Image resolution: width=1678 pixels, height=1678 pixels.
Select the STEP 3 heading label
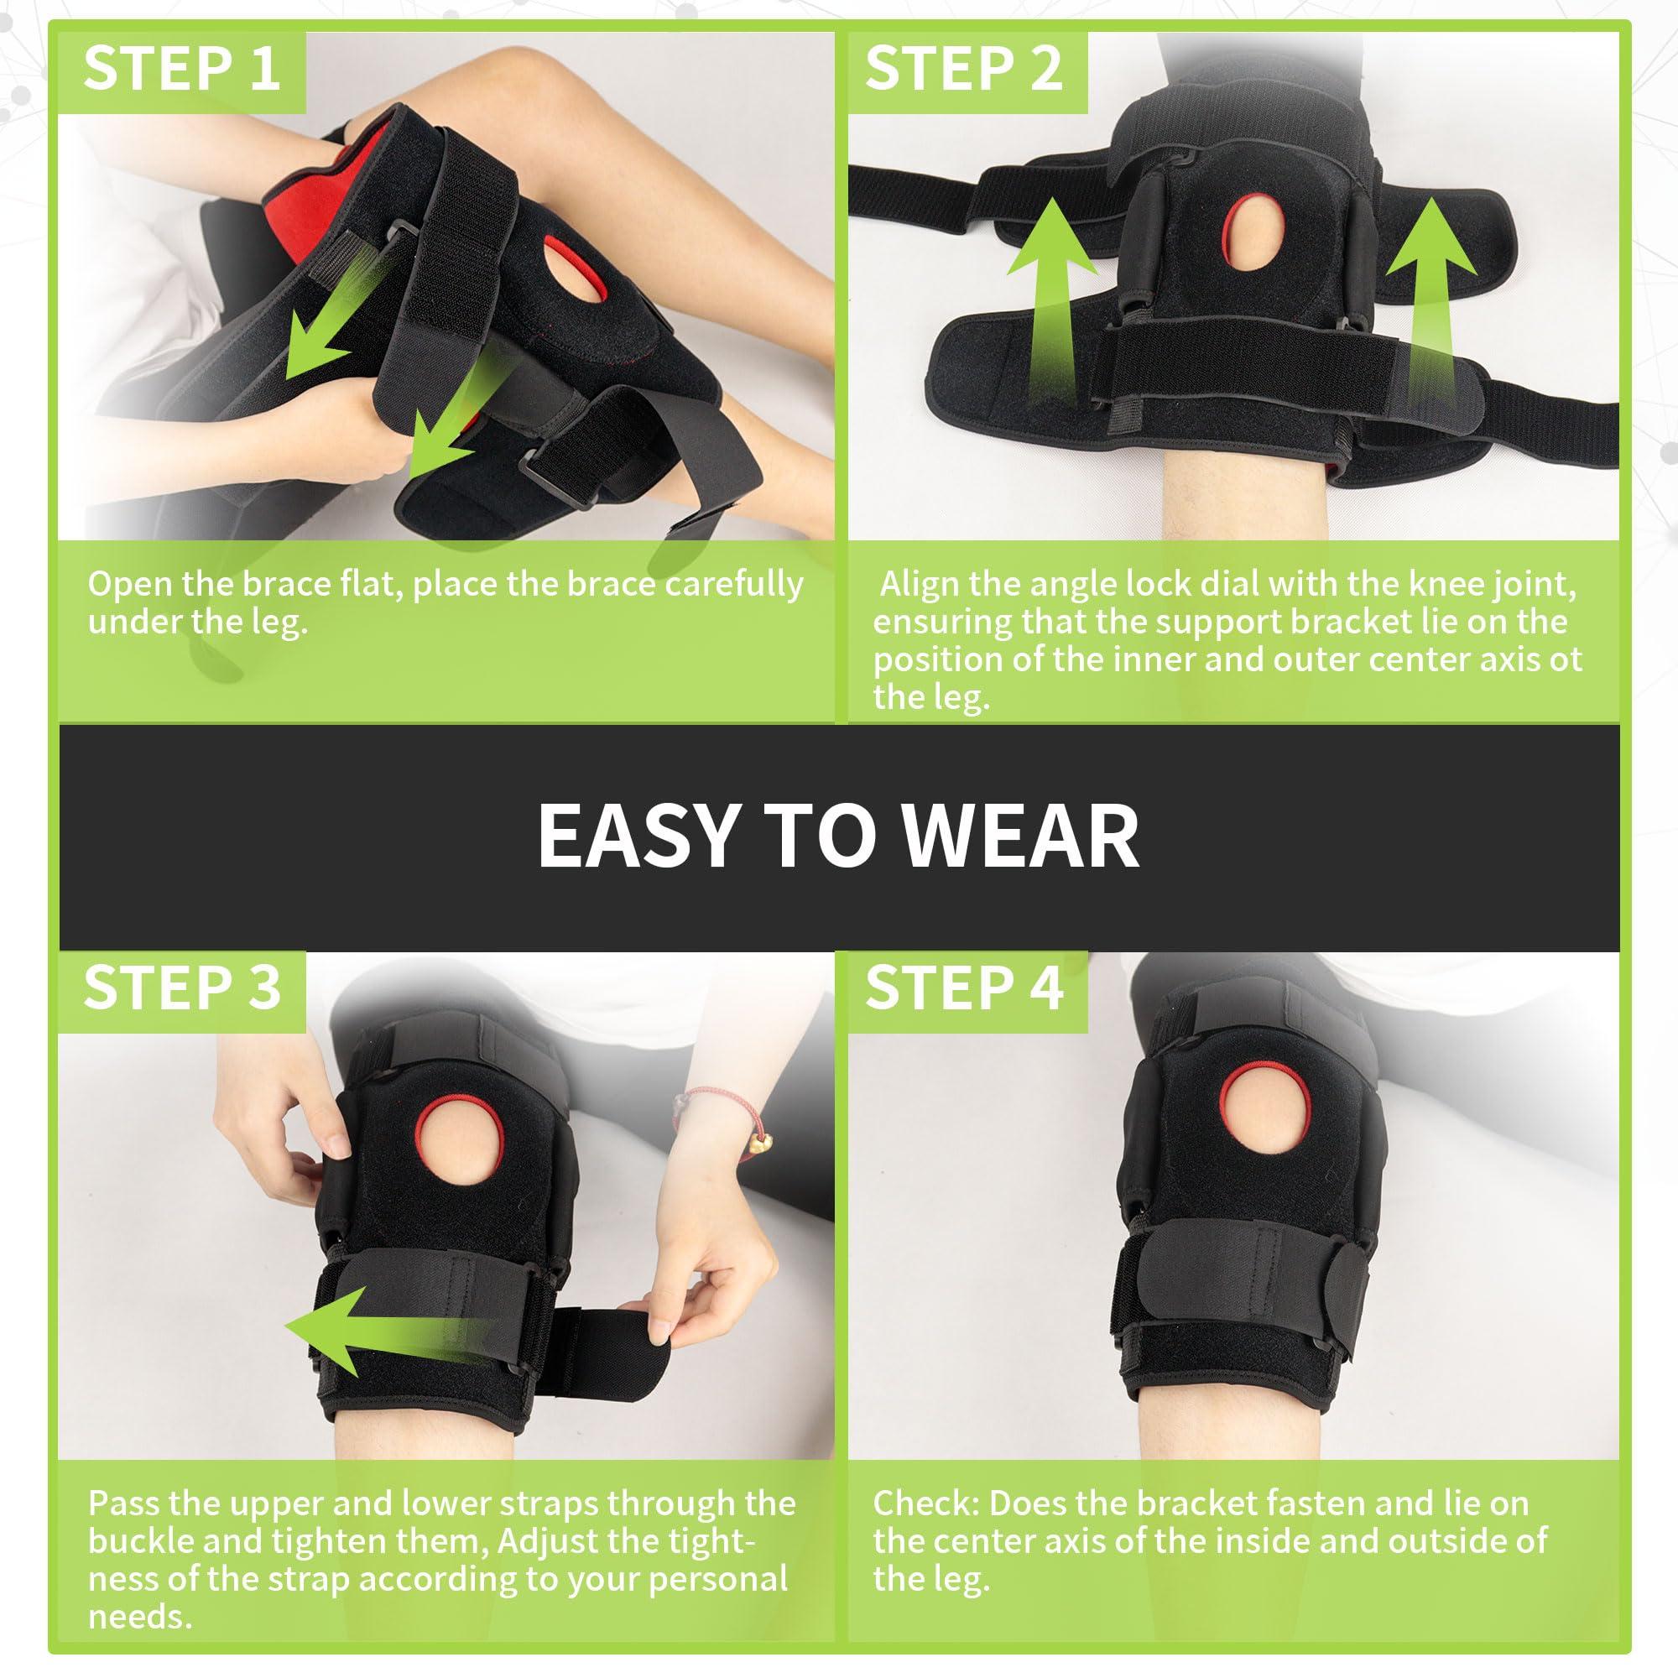(181, 988)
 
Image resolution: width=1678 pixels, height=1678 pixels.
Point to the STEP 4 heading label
(964, 988)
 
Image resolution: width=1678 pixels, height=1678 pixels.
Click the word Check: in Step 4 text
(926, 1503)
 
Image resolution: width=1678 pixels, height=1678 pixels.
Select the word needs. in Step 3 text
(140, 1617)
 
